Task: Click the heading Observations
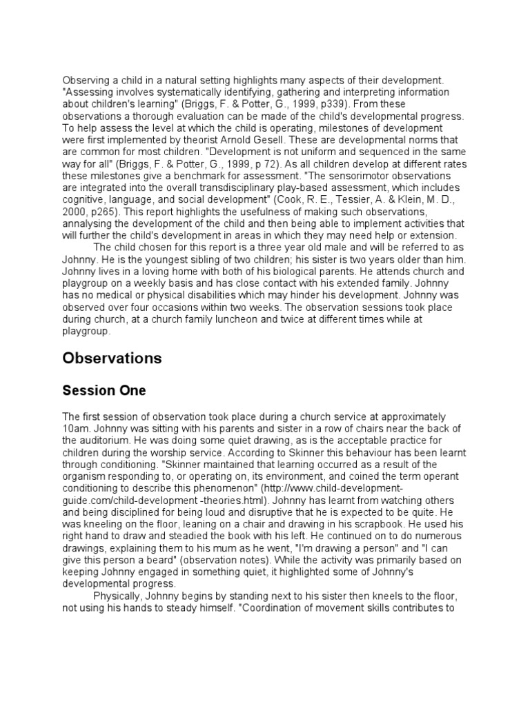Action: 112,359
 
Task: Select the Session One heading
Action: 104,391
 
